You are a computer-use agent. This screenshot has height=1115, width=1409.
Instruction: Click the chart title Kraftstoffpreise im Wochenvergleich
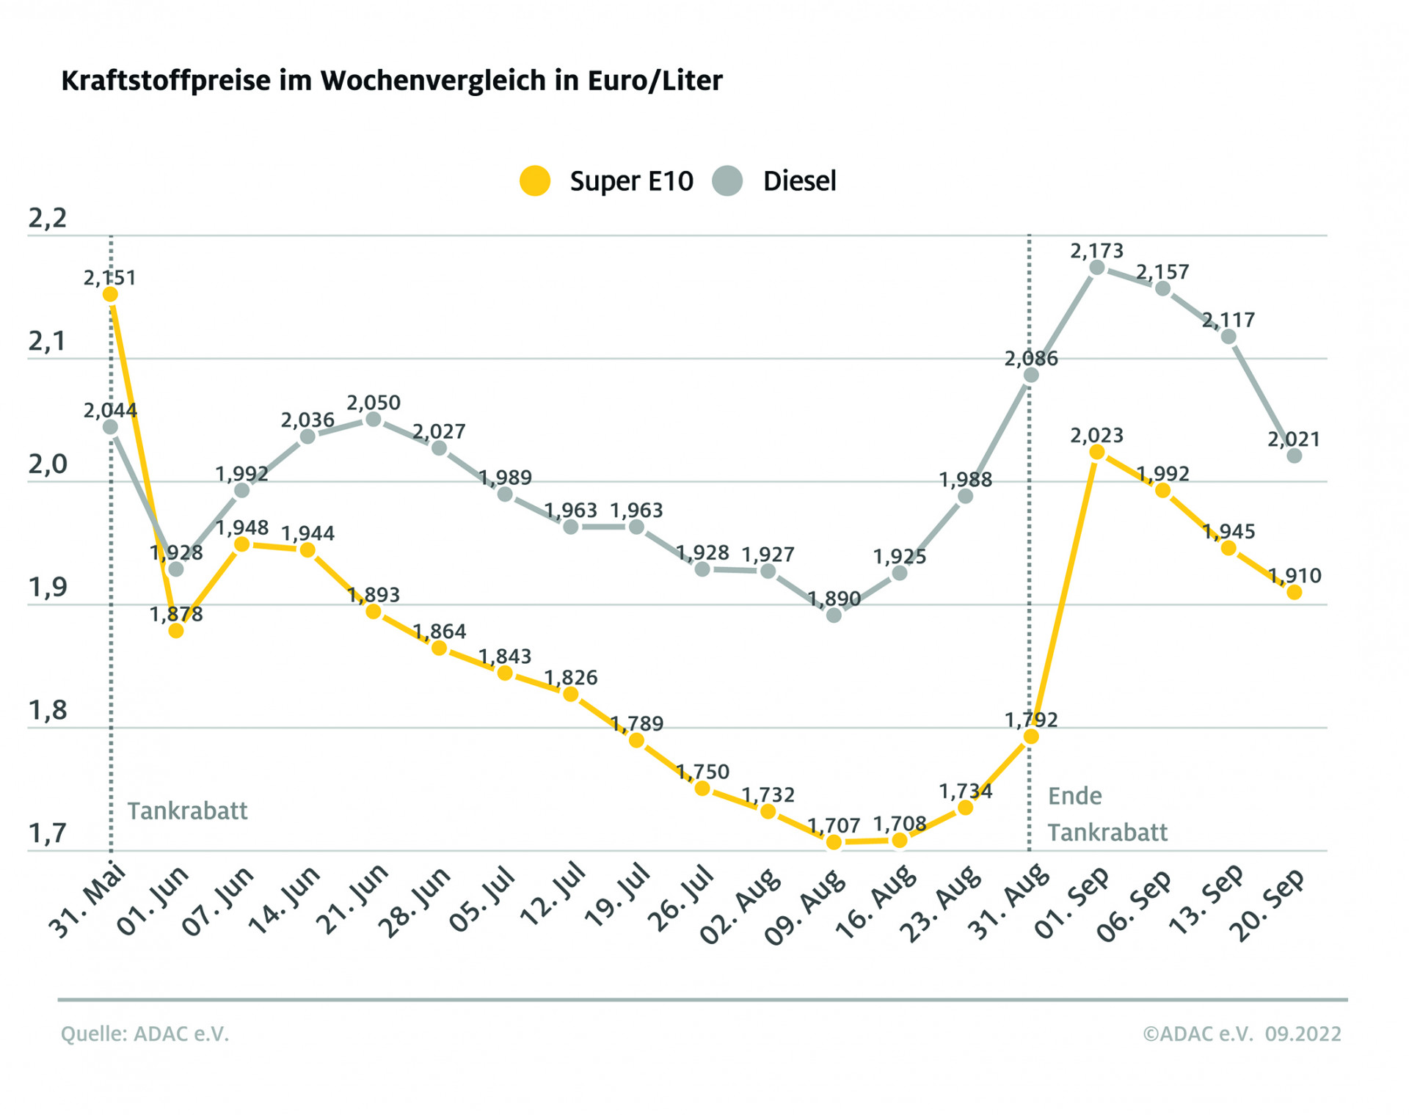pos(391,81)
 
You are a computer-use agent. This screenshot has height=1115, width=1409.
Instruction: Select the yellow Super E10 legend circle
pos(535,180)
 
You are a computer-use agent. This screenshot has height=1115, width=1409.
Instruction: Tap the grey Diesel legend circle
pos(727,180)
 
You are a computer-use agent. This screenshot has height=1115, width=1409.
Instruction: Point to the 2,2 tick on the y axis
pos(47,219)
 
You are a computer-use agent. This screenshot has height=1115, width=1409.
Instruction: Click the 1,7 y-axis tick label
pos(47,833)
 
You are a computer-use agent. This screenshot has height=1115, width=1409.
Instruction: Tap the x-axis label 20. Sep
pos(1268,905)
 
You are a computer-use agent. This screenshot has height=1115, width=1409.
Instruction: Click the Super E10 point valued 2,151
pos(110,294)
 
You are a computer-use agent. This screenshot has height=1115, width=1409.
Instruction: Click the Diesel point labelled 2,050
pos(373,419)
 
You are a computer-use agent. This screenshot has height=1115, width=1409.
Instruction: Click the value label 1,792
pos(1031,720)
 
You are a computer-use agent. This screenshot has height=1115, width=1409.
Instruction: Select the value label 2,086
pos(1031,359)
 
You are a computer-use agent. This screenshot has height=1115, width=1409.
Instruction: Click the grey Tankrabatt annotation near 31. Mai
pos(187,811)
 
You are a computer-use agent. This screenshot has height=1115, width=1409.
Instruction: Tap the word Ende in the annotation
pos(1074,796)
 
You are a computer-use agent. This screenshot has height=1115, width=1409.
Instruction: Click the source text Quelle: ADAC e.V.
pos(145,1034)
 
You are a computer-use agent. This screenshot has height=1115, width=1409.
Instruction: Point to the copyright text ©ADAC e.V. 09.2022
pos(1242,1034)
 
